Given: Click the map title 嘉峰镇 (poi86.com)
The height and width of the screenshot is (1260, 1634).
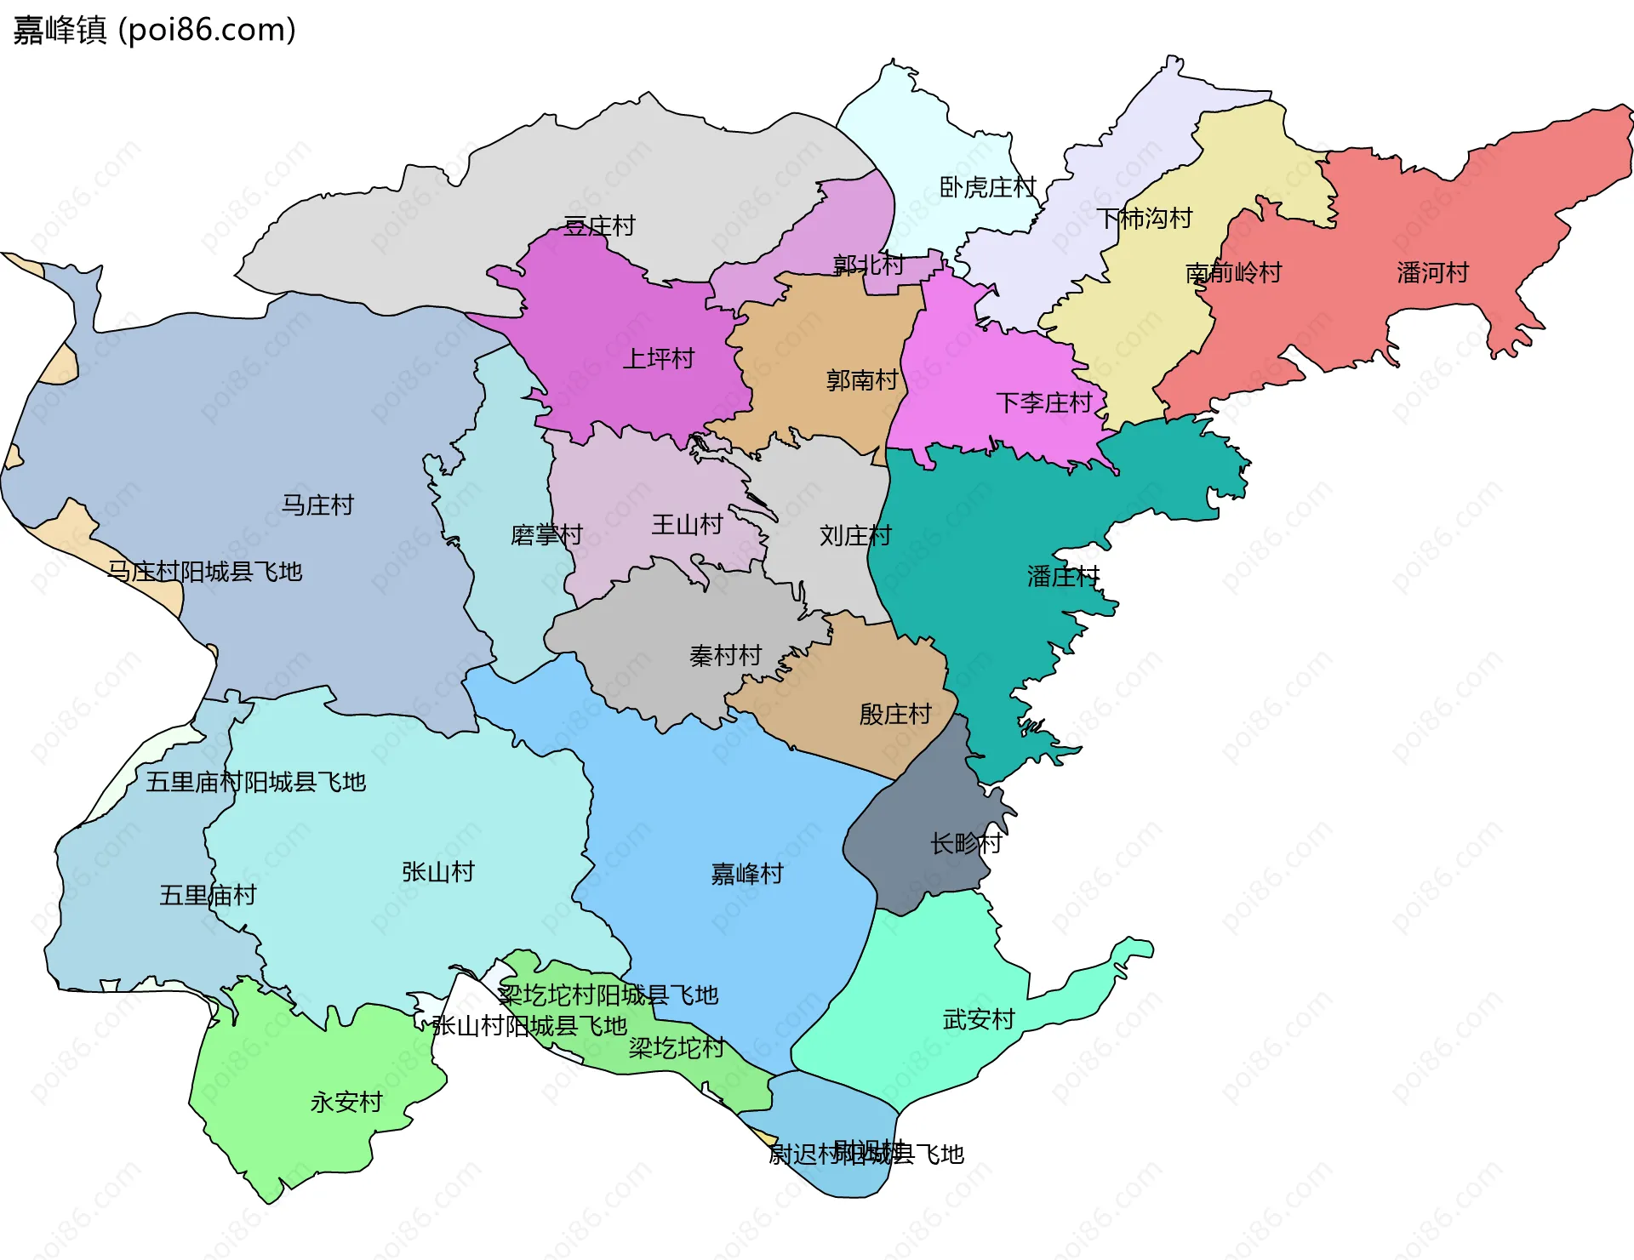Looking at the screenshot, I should pyautogui.click(x=154, y=30).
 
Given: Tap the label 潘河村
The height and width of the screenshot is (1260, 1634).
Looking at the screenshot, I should pyautogui.click(x=1432, y=273).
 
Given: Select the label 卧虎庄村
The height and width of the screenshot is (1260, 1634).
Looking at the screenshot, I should pyautogui.click(x=987, y=187).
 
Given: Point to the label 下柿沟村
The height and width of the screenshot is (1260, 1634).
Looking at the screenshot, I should pyautogui.click(x=1144, y=219).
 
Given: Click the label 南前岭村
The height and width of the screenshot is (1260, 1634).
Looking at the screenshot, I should pyautogui.click(x=1233, y=273).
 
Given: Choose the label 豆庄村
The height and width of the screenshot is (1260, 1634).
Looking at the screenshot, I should pyautogui.click(x=599, y=226).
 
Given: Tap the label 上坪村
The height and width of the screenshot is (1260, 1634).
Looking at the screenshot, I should pyautogui.click(x=659, y=359).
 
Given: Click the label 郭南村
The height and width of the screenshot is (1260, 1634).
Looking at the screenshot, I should pyautogui.click(x=861, y=380).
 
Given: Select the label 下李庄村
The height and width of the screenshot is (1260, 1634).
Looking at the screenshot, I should pyautogui.click(x=1043, y=402).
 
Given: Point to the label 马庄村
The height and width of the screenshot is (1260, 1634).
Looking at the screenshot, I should pyautogui.click(x=317, y=505).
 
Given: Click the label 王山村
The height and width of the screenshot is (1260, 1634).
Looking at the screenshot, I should pyautogui.click(x=687, y=524).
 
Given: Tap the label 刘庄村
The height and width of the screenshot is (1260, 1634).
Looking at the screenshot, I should pyautogui.click(x=855, y=536).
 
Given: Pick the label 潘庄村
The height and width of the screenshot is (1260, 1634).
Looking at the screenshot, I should pyautogui.click(x=1063, y=577).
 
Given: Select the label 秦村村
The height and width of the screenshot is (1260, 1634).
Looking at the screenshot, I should pyautogui.click(x=725, y=656).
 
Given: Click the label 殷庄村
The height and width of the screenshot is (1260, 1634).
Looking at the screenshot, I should pyautogui.click(x=895, y=715).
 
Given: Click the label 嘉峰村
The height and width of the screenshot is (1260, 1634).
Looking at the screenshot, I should pyautogui.click(x=746, y=874).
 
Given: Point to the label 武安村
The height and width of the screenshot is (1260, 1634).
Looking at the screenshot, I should pyautogui.click(x=979, y=1019).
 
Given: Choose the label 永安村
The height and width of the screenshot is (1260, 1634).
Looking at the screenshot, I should pyautogui.click(x=346, y=1103).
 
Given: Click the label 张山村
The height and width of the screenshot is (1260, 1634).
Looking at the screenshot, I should pyautogui.click(x=437, y=872).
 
